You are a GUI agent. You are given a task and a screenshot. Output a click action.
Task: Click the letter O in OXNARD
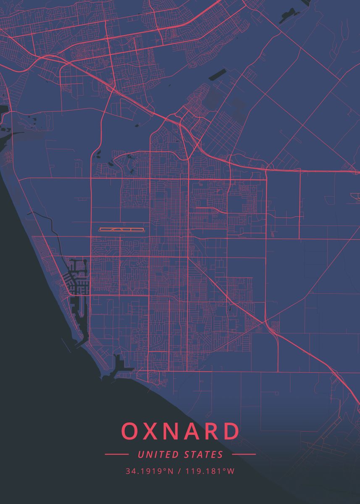pos(130,431)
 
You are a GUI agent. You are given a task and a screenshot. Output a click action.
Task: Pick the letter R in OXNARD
pos(212,431)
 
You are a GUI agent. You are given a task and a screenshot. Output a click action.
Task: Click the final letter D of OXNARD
pos(231,431)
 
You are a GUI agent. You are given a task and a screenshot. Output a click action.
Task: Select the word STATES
pos(204,454)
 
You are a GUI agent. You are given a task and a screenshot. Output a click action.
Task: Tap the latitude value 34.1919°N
pos(149,471)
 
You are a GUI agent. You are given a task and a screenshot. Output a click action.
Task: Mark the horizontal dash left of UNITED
pos(117,454)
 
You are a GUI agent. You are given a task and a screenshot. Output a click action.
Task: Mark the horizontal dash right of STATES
pos(244,454)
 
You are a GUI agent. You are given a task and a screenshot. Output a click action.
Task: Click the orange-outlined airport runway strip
pos(121,229)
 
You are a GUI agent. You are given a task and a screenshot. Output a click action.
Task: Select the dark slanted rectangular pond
pos(217,75)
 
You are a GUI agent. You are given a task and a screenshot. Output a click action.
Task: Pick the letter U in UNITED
pos(140,454)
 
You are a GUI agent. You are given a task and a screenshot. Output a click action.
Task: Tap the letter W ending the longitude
pos(231,471)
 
